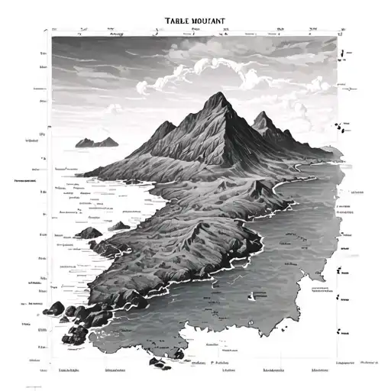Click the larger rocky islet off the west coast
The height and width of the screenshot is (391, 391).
[x=90, y=232]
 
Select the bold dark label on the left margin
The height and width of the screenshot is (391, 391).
[x=27, y=181]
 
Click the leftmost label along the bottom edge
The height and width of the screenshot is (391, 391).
[x=70, y=349]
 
